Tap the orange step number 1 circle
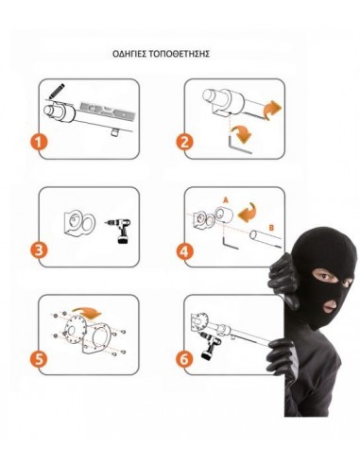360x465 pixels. [x=39, y=143]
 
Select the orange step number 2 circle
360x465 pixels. [x=184, y=143]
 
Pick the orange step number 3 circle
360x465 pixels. [x=39, y=250]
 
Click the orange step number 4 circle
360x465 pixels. [x=185, y=251]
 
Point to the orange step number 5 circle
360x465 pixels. [x=39, y=359]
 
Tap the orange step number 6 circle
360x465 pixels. [x=185, y=359]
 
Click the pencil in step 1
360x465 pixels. [x=56, y=92]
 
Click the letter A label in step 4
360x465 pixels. [x=225, y=199]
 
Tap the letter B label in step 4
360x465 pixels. [x=271, y=227]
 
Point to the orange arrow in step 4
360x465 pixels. [x=247, y=212]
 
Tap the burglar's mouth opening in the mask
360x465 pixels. [x=330, y=305]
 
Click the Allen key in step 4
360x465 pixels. [x=230, y=241]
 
